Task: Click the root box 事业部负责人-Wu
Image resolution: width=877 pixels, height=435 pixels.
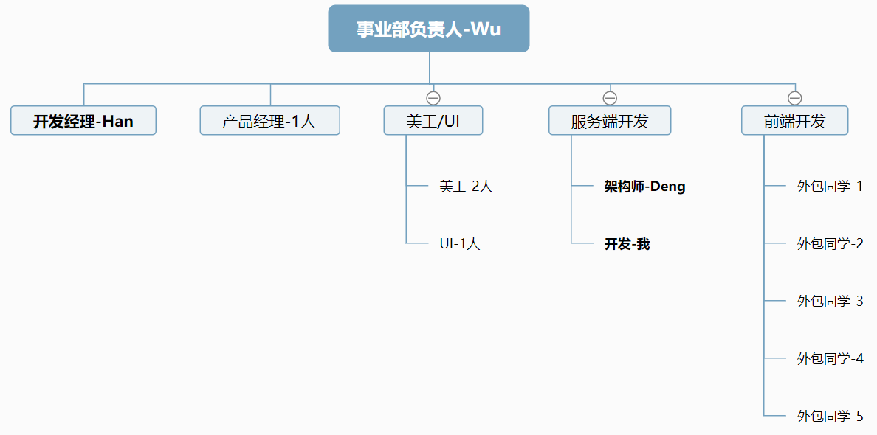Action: tap(428, 29)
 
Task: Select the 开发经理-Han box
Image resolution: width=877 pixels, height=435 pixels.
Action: tap(83, 121)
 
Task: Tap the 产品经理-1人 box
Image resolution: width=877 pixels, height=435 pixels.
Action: tap(270, 121)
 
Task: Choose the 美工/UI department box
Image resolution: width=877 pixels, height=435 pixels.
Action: tap(433, 121)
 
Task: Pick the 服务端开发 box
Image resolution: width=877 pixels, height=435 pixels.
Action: tap(610, 121)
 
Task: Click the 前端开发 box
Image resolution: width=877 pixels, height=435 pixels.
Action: tap(795, 121)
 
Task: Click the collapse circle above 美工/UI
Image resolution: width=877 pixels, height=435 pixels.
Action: tap(433, 98)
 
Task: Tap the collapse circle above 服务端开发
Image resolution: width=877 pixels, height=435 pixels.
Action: tap(610, 98)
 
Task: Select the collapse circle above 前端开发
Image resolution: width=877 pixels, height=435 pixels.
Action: tap(795, 98)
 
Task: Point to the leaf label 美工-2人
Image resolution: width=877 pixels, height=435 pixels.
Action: tap(466, 186)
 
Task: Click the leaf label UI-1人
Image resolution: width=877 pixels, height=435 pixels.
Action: tap(460, 243)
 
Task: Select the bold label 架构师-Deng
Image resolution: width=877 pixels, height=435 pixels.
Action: tap(645, 186)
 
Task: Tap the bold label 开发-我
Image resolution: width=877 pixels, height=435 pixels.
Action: tap(627, 243)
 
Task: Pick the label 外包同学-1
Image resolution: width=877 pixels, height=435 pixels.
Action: tap(830, 186)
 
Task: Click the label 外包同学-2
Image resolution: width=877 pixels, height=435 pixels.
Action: tap(830, 243)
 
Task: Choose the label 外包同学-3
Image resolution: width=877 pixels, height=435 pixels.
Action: tap(830, 301)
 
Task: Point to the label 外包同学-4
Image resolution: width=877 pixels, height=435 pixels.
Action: tap(830, 358)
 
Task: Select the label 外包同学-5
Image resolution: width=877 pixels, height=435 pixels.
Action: tap(830, 416)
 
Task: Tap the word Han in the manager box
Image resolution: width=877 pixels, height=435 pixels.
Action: tap(118, 121)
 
